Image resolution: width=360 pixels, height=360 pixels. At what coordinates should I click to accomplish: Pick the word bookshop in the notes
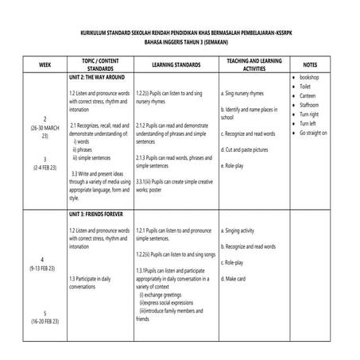pyautogui.click(x=313, y=77)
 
